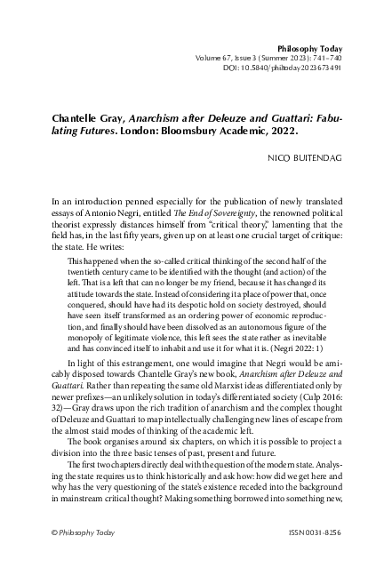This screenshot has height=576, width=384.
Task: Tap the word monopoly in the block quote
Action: [x=88, y=338]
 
